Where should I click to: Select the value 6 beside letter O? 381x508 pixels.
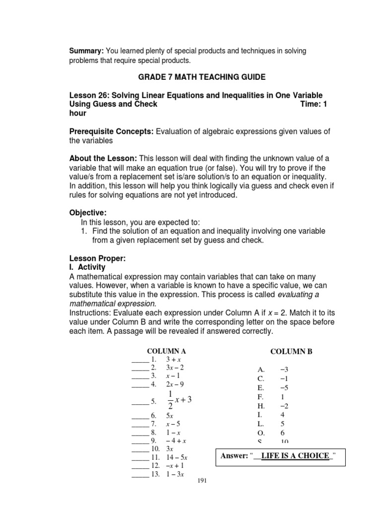point(282,433)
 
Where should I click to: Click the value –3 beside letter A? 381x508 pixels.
point(284,370)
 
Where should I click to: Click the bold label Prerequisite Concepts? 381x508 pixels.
point(112,131)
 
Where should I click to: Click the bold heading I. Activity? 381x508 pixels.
point(87,267)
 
